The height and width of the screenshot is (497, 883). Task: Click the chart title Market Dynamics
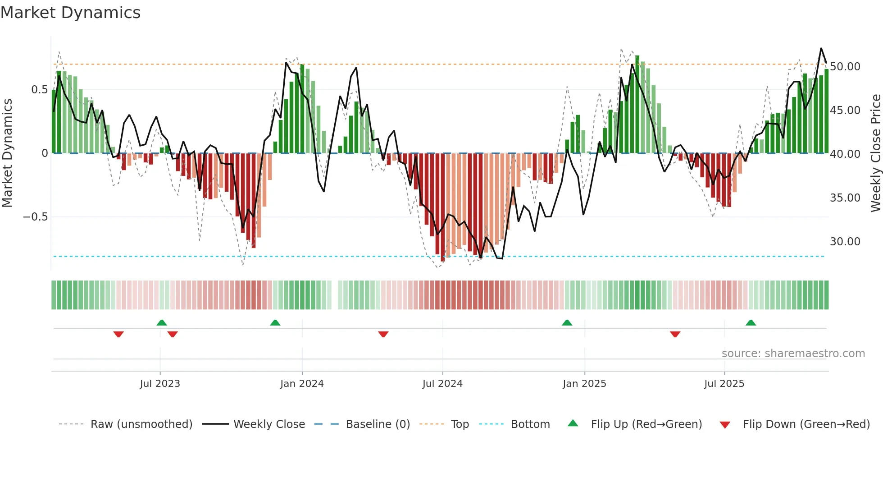71,13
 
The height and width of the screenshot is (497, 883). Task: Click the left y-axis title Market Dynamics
7,153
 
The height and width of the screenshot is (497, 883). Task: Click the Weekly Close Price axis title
875,153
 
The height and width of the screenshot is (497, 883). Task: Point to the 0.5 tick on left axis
39,90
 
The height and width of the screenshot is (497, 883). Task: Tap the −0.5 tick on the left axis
35,217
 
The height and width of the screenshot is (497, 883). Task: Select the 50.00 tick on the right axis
845,67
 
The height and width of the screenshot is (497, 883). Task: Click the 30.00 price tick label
845,242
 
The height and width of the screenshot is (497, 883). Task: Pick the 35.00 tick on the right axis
845,198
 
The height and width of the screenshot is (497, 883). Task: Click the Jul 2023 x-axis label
160,384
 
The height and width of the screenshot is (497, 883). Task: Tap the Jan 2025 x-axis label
584,384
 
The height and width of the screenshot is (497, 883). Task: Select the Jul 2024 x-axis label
442,384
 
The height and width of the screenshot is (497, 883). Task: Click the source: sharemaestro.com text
793,354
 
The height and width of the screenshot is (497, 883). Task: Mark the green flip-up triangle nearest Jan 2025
567,322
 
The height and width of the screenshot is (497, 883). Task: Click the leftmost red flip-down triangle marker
118,334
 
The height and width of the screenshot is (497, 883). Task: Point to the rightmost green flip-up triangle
751,322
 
